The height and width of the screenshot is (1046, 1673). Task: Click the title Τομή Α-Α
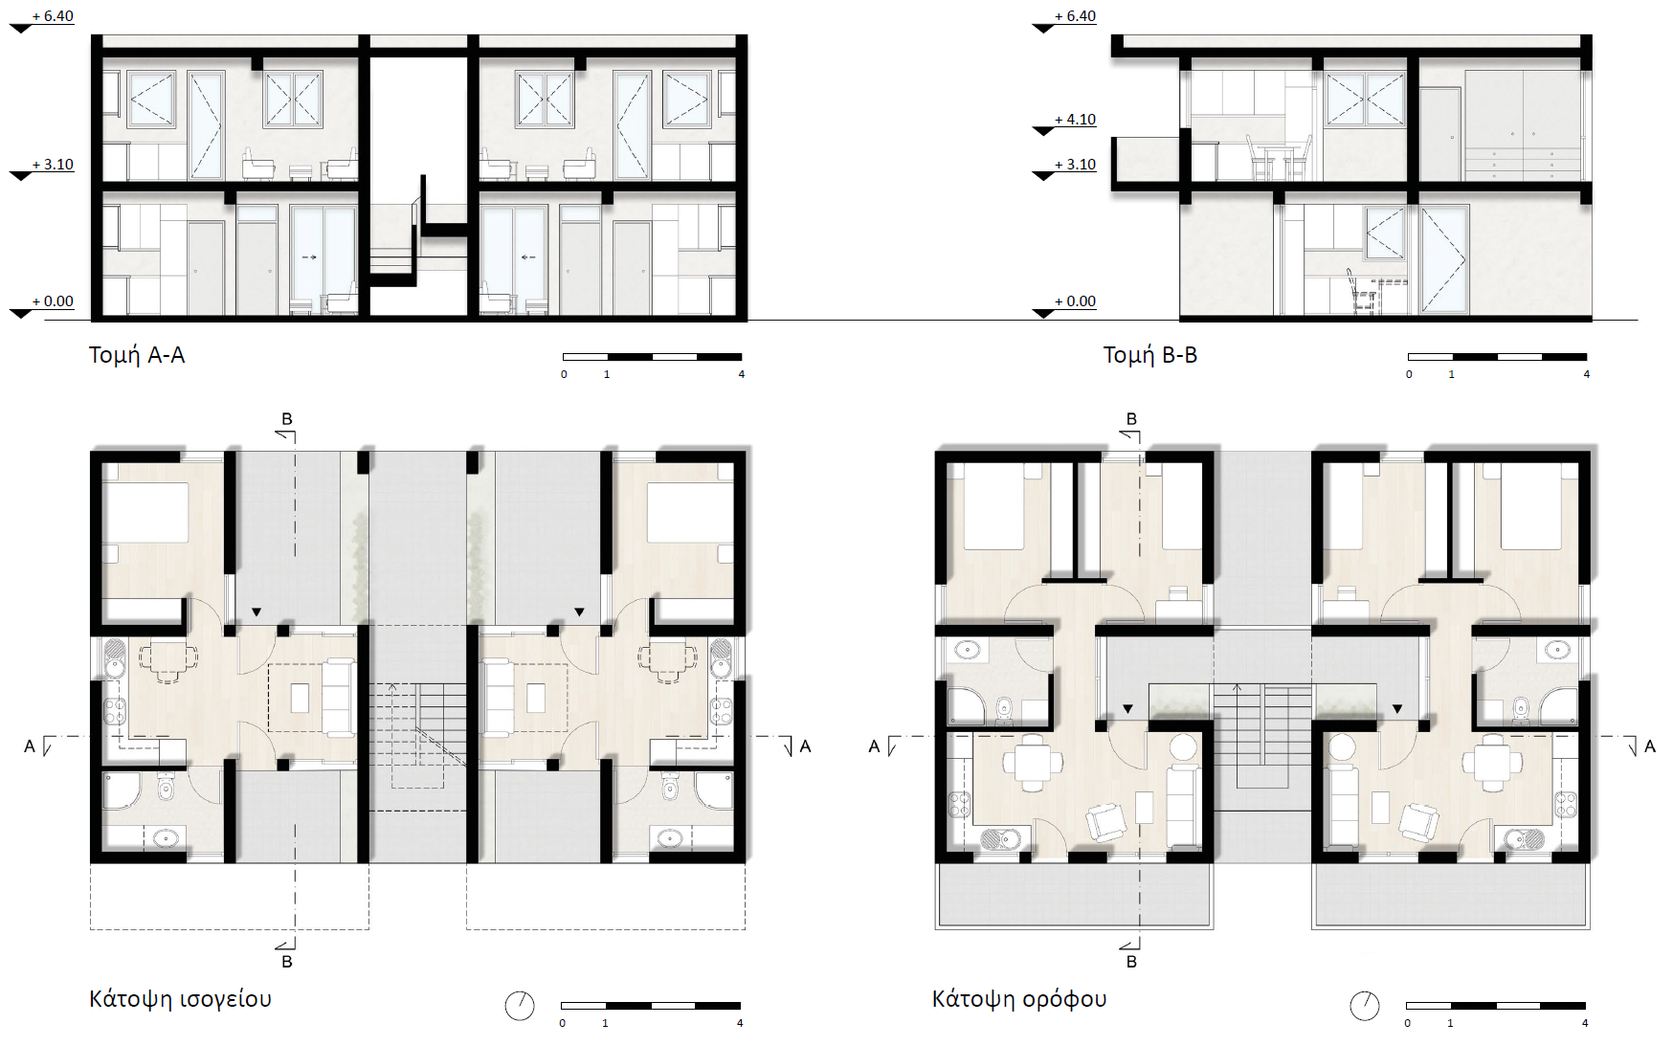(x=137, y=355)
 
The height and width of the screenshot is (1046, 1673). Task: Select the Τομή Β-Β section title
(x=1150, y=355)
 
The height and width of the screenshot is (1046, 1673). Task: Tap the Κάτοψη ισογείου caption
(x=180, y=999)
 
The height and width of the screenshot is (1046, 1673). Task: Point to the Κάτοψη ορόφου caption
(x=1019, y=999)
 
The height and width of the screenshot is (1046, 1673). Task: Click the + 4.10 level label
(x=1075, y=120)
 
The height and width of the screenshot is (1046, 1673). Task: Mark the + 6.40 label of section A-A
(x=53, y=16)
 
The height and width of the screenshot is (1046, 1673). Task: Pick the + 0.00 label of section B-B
(x=1075, y=301)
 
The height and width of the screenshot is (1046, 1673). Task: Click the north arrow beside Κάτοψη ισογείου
(x=520, y=1006)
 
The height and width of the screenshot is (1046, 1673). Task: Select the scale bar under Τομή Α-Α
(x=653, y=357)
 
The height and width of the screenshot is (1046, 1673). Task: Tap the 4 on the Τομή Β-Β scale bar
(x=1586, y=374)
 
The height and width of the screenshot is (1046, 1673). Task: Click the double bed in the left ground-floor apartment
(x=145, y=513)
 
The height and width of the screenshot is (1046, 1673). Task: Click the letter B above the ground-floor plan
(x=286, y=419)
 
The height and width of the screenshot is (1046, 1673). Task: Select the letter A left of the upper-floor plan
(x=874, y=746)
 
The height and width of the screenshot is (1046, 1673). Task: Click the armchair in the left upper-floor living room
(x=1105, y=822)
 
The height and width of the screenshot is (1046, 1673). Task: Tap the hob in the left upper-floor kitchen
(x=960, y=806)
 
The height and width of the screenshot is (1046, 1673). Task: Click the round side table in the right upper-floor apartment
(x=1342, y=747)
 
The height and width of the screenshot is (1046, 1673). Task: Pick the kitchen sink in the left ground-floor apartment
(x=114, y=657)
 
